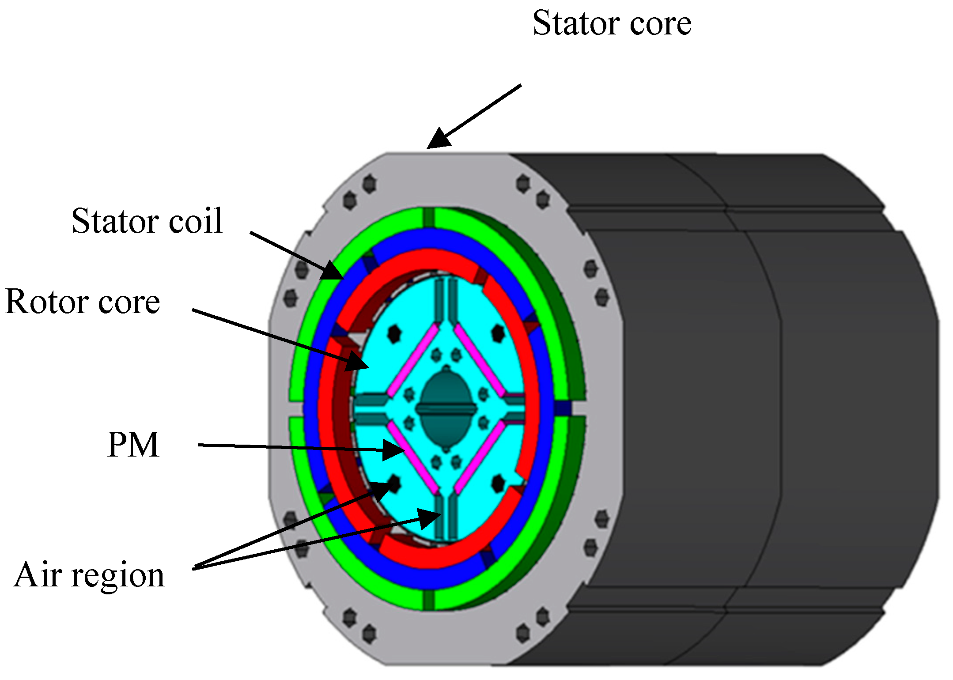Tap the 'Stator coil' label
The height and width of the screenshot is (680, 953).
coord(147,220)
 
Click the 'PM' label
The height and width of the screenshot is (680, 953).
coord(133,445)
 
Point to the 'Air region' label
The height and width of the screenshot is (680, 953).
coord(89,575)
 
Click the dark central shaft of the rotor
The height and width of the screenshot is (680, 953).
coord(446,406)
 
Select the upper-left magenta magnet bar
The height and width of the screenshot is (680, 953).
coord(413,360)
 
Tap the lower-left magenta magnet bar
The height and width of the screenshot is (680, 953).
coord(413,457)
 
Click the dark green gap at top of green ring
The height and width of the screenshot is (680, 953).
coord(428,218)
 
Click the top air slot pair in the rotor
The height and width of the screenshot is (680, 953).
coord(446,300)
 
